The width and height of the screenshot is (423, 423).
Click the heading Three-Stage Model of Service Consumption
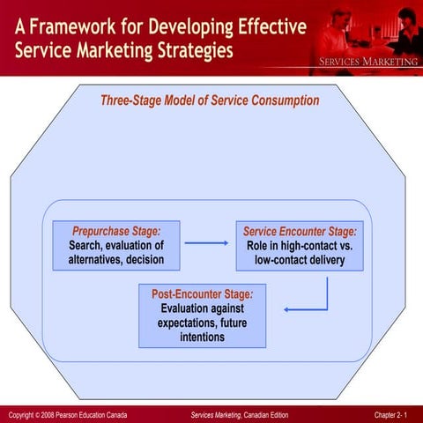(x=210, y=100)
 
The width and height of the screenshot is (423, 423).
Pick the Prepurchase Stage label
(x=116, y=230)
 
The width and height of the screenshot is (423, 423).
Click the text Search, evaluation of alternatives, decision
(x=116, y=252)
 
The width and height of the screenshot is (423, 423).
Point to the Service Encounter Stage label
(x=300, y=230)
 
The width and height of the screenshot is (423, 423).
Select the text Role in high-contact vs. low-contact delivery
(x=300, y=252)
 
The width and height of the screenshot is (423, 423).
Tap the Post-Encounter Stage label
(x=202, y=294)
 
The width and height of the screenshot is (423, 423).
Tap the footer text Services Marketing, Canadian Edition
(x=239, y=414)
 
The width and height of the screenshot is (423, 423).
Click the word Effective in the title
(x=262, y=26)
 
